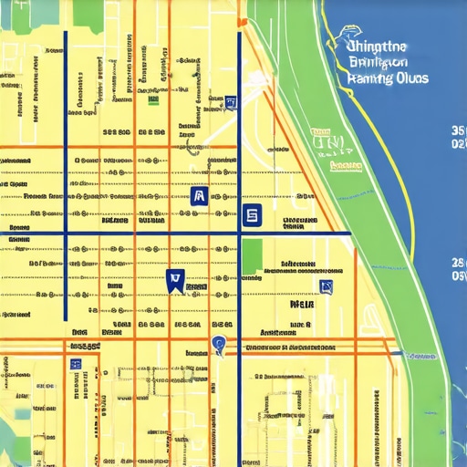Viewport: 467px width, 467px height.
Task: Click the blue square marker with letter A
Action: click(199, 195)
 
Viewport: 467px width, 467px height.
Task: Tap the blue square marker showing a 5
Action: click(252, 215)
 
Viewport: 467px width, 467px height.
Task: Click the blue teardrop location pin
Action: click(217, 345)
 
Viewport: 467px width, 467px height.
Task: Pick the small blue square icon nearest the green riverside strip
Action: click(327, 288)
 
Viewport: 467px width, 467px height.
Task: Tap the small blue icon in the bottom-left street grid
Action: click(76, 363)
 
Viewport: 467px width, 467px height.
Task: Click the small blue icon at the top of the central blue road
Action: click(232, 103)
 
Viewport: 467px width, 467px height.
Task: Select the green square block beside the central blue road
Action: click(252, 256)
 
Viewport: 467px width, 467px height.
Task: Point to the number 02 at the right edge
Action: click(459, 144)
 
